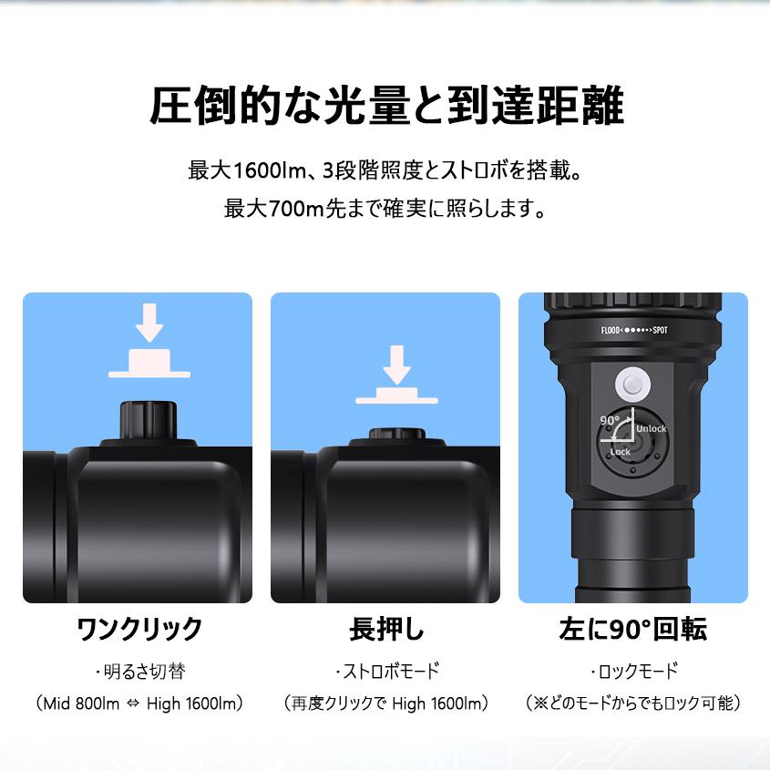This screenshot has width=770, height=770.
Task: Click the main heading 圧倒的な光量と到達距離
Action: pyautogui.click(x=385, y=107)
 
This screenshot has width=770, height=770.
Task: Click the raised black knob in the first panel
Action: pyautogui.click(x=149, y=420)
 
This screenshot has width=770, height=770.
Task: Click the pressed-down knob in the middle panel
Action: pyautogui.click(x=396, y=436)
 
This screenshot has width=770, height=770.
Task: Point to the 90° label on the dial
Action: pyautogui.click(x=610, y=420)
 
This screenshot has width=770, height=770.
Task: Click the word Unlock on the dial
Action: pyautogui.click(x=651, y=428)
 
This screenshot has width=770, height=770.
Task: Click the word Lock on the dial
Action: pyautogui.click(x=620, y=452)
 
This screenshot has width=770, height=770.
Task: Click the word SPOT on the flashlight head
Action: pyautogui.click(x=661, y=332)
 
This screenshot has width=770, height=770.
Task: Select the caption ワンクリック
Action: pyautogui.click(x=139, y=629)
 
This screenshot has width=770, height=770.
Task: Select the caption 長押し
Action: pyautogui.click(x=386, y=629)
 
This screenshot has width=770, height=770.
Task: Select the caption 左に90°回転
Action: pyautogui.click(x=632, y=629)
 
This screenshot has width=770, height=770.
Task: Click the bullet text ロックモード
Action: pyautogui.click(x=635, y=672)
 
